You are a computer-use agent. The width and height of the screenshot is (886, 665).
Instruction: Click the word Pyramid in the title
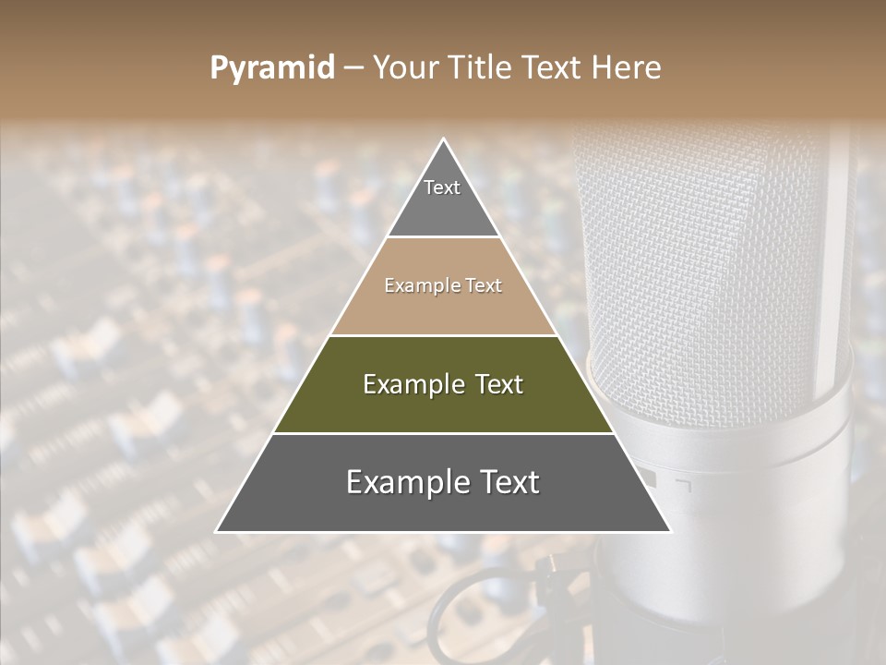[x=272, y=68]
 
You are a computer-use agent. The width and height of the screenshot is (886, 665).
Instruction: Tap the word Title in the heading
[x=484, y=68]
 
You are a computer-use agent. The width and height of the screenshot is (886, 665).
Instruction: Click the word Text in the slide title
[x=552, y=68]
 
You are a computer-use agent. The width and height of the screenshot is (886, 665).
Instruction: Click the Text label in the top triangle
[x=442, y=187]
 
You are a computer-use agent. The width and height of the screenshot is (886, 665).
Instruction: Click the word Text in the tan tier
[x=484, y=286]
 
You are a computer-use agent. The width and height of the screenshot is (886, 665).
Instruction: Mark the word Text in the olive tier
[x=498, y=384]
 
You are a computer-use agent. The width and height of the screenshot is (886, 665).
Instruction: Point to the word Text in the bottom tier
[x=509, y=482]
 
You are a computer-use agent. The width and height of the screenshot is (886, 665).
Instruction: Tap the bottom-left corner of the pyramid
[x=218, y=530]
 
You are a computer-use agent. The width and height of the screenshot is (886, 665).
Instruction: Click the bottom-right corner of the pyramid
[x=669, y=530]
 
